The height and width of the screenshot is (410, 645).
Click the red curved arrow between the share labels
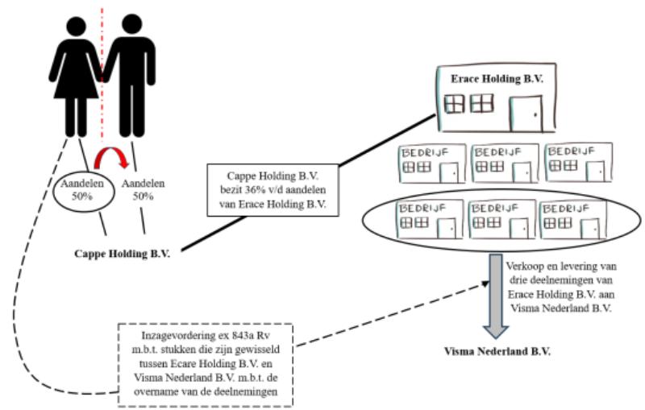click(x=111, y=152)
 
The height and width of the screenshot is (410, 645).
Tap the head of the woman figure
click(x=76, y=27)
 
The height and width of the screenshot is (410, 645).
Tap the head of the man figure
click(x=132, y=25)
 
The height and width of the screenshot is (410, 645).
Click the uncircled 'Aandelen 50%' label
click(x=143, y=190)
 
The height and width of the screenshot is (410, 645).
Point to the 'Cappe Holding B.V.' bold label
click(x=123, y=254)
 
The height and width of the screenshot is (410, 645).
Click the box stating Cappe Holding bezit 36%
click(x=273, y=190)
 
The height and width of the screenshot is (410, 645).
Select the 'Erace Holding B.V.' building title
click(x=497, y=79)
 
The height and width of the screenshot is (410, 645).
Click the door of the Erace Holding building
click(x=526, y=114)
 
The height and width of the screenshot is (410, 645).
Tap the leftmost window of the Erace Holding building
click(x=455, y=104)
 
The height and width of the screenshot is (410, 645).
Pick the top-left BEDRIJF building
click(x=432, y=164)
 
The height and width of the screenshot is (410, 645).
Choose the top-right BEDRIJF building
click(x=579, y=163)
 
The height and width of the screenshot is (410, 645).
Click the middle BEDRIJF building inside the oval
click(x=502, y=219)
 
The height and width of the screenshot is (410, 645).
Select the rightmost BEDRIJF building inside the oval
click(x=573, y=220)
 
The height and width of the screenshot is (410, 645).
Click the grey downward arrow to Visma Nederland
click(x=496, y=296)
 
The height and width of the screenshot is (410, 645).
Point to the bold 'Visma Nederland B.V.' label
click(x=497, y=352)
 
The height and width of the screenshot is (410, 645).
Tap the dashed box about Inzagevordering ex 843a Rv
click(x=206, y=365)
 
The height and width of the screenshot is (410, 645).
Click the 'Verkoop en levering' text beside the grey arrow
click(x=561, y=287)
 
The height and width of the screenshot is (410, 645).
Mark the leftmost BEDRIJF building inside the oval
click(x=431, y=219)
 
